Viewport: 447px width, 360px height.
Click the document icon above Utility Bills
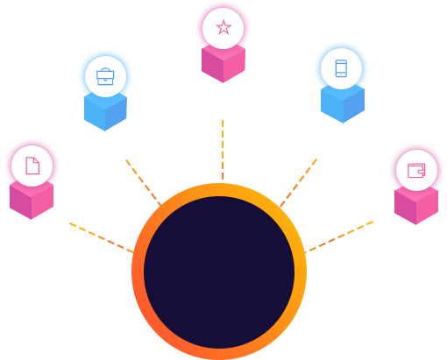[x=32, y=166]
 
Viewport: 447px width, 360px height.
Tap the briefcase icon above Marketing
[x=105, y=74]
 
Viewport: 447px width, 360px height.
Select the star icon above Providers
[x=223, y=27]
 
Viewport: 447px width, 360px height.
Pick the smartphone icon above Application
[x=341, y=69]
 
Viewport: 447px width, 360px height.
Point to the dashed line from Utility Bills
[x=101, y=236]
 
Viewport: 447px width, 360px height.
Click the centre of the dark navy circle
[x=219, y=272]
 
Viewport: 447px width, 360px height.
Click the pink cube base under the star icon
[x=223, y=64]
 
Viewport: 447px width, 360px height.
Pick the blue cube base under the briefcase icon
[x=105, y=111]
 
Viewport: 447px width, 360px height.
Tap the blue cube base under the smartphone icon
[x=341, y=104]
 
